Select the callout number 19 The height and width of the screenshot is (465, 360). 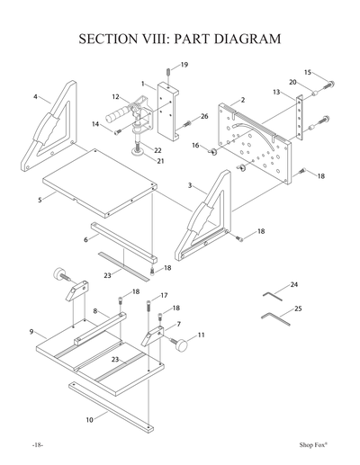[184, 65]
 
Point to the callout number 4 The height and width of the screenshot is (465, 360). [35, 96]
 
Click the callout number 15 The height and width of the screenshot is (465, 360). [307, 72]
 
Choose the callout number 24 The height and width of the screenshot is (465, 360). [294, 284]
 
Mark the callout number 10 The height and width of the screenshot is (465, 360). [90, 420]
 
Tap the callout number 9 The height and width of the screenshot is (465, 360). [32, 332]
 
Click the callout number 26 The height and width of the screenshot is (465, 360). [204, 116]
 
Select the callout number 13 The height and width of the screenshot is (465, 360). [276, 92]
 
